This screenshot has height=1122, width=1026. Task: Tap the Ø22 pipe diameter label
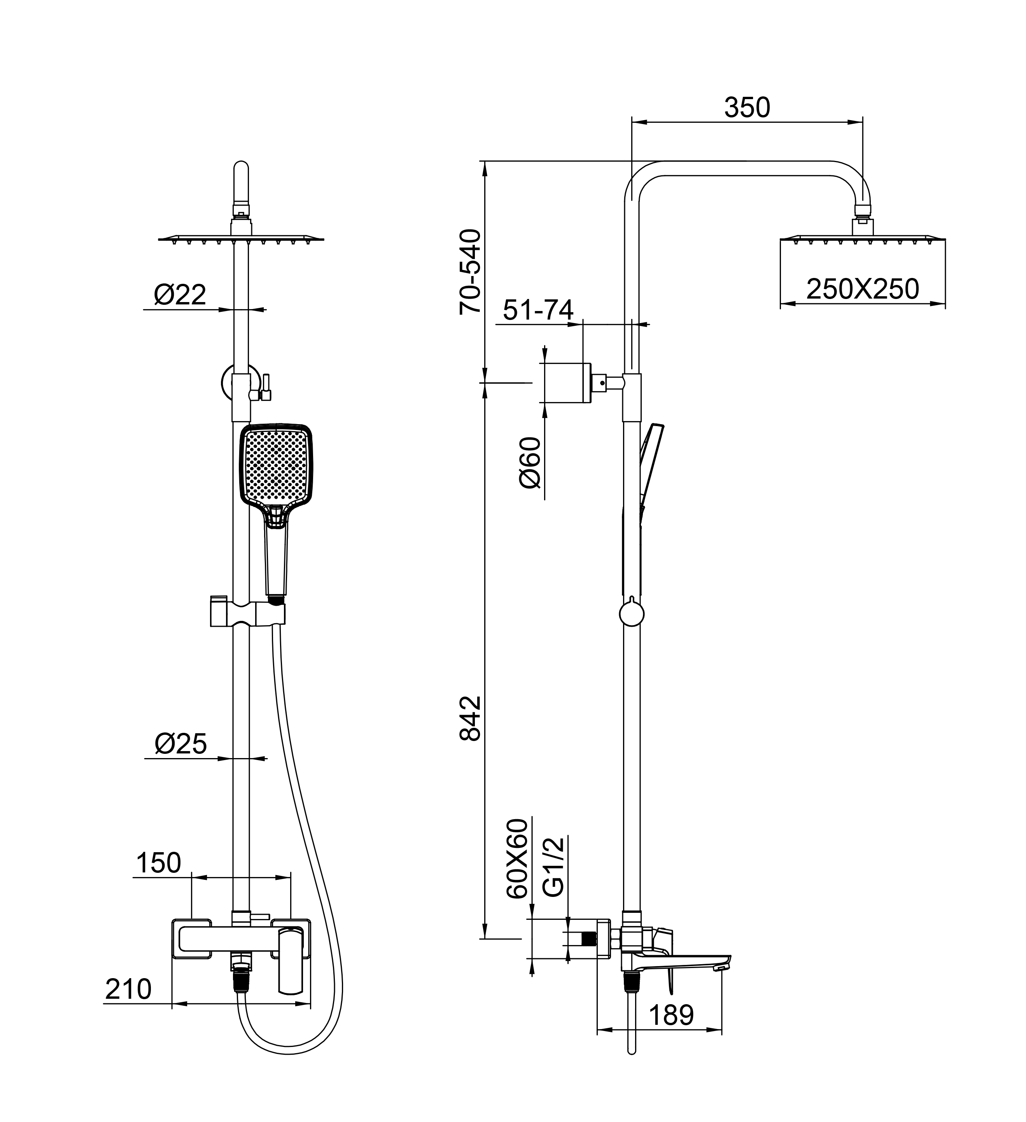point(180,295)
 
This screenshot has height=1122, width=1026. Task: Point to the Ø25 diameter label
point(180,744)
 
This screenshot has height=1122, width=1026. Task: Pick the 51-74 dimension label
point(538,310)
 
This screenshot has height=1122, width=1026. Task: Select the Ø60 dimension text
point(530,462)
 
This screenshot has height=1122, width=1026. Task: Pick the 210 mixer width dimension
point(128,989)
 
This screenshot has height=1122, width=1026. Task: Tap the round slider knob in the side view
point(631,614)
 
